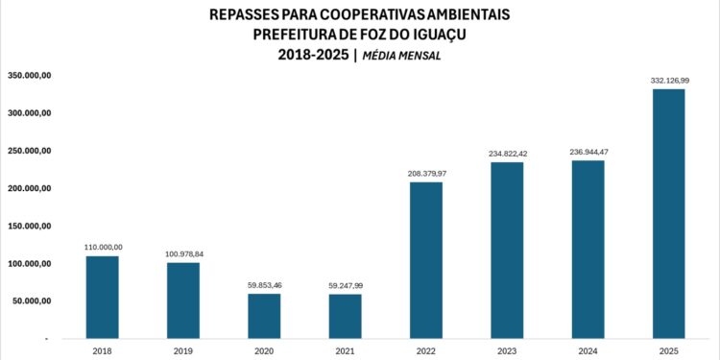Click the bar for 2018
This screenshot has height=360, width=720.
102,297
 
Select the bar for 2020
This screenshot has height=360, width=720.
264,316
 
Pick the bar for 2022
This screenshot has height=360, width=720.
426,259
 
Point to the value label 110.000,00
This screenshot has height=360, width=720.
102,248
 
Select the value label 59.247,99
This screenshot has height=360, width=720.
345,286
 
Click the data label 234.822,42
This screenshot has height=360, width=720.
507,155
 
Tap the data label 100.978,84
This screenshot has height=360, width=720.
182,254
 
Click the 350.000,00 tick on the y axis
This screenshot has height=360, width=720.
29,75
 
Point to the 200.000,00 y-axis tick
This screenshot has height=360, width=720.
29,188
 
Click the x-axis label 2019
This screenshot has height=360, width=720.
182,351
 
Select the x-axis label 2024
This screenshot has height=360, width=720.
588,351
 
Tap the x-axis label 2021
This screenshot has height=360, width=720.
345,351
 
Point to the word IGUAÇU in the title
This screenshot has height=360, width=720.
435,35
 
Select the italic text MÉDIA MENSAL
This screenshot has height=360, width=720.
402,56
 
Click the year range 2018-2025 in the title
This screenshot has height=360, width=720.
313,55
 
